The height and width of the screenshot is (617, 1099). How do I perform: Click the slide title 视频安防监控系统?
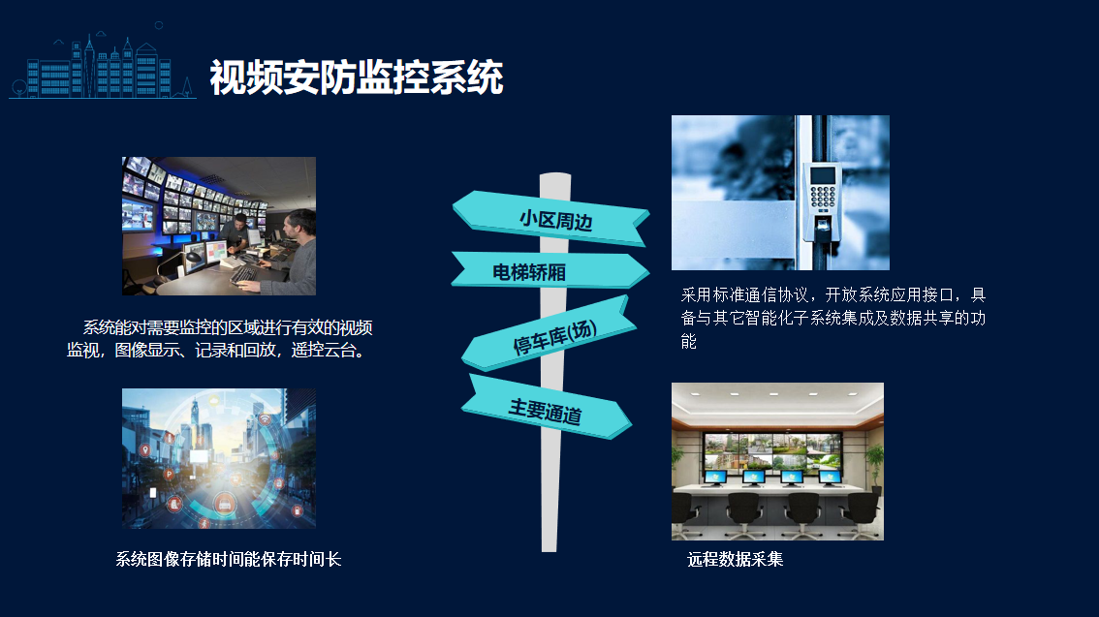coord(356,77)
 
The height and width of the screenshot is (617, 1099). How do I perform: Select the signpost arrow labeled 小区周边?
coord(550,219)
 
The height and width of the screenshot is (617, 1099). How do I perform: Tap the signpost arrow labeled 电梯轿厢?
coord(549,270)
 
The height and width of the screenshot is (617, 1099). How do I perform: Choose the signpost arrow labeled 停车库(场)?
coord(549,334)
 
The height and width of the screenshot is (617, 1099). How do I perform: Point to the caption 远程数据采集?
coord(736,559)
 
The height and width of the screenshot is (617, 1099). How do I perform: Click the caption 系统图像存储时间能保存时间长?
coord(229,559)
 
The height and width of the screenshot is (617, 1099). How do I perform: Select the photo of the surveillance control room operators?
coord(219,226)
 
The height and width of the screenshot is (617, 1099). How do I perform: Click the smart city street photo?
coord(219,458)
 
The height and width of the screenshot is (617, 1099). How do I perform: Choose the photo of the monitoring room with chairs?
coord(777,461)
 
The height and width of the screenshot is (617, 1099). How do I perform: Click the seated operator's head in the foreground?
coord(300,224)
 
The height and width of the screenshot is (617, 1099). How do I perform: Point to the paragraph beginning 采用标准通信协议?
coord(833,318)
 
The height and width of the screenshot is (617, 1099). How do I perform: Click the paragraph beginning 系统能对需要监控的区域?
coord(219,338)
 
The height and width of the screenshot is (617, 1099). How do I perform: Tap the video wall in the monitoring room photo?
coord(772,450)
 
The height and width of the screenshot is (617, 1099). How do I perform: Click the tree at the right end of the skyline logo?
coord(186,87)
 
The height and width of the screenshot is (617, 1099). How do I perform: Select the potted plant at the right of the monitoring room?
coord(873,468)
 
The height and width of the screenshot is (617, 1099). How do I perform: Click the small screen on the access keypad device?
coord(823,175)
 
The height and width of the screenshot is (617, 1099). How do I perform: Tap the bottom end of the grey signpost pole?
coord(549,550)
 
